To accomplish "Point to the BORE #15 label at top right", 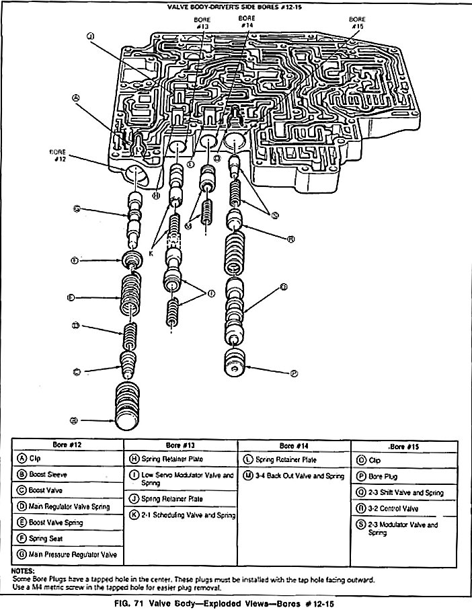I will pyautogui.click(x=356, y=22).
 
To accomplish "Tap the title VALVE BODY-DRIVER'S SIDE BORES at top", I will pyautogui.click(x=235, y=6).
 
